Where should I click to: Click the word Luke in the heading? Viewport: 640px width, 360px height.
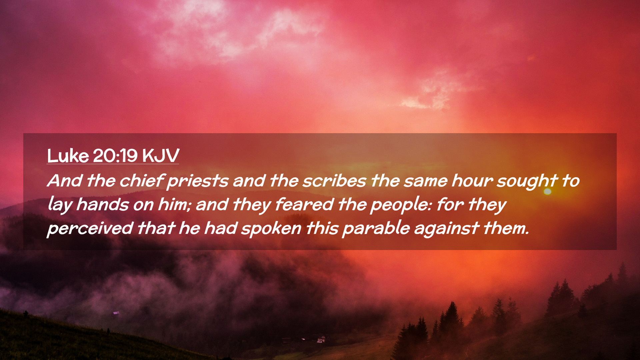tap(68, 156)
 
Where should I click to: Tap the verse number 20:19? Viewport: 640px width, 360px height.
tap(115, 156)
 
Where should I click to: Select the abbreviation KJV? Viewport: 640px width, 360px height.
tap(161, 156)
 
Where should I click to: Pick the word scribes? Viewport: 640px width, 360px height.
tap(334, 181)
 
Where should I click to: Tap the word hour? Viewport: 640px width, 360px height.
tap(472, 181)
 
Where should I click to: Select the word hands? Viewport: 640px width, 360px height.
tap(102, 204)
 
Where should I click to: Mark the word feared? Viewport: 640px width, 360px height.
tap(304, 204)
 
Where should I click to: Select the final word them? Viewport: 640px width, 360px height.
tap(506, 228)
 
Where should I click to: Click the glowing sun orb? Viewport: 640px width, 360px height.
tap(547, 192)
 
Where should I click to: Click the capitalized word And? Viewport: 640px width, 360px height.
tap(65, 181)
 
